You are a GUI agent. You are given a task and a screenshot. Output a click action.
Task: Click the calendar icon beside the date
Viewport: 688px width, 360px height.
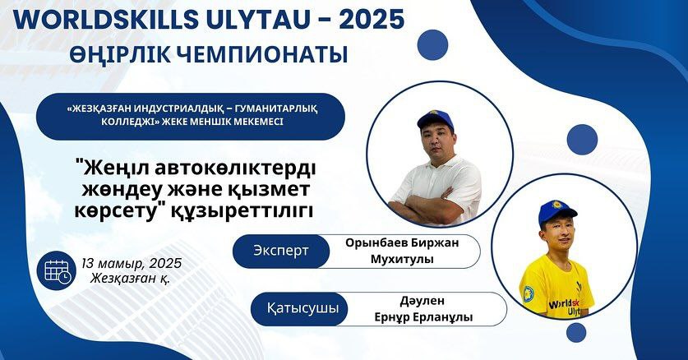57,270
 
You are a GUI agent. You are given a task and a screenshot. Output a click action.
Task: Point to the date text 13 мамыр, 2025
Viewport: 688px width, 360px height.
132,263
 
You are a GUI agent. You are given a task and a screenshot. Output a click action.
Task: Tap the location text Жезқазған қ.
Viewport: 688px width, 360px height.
131,278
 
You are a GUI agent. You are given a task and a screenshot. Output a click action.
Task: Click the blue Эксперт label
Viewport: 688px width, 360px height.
281,252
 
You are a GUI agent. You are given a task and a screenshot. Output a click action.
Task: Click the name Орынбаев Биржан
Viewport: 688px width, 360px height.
401,243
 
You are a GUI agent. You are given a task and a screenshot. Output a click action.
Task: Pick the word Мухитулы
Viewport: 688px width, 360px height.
402,259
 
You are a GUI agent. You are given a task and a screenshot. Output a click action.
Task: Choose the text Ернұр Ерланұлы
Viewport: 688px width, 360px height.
423,317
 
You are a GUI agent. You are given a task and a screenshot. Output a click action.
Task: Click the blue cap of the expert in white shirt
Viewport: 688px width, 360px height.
434,119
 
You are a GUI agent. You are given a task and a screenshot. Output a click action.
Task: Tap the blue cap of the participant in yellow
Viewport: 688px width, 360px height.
557,210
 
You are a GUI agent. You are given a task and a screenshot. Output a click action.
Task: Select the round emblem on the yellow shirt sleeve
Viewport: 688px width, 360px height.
529,294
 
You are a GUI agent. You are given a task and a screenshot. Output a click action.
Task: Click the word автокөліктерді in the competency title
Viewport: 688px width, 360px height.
235,168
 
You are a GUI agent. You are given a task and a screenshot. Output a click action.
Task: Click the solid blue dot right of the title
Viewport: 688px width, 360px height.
432,44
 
